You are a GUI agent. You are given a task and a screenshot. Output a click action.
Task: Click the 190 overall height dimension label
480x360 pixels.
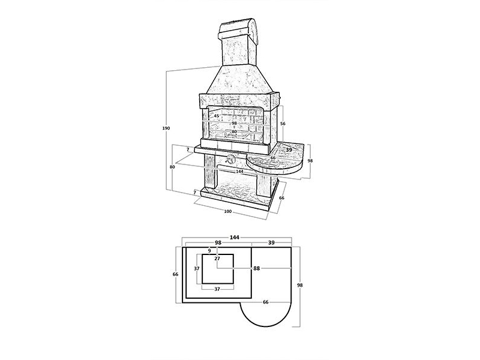tap(166, 128)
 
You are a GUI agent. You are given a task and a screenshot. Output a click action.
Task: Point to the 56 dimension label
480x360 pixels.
tap(283, 124)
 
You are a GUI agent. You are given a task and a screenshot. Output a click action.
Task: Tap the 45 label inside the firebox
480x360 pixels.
tap(217, 116)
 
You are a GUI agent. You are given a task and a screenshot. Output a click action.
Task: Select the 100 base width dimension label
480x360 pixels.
tap(228, 211)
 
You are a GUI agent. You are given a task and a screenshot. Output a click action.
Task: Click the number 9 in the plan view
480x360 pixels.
tap(209, 251)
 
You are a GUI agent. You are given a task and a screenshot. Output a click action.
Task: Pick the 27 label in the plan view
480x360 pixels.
tap(217, 259)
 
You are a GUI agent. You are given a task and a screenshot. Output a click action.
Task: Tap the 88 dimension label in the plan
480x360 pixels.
tap(257, 268)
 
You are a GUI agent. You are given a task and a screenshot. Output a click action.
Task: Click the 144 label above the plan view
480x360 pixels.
tap(235, 237)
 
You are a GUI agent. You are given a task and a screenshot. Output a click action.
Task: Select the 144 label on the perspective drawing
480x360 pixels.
tap(239, 172)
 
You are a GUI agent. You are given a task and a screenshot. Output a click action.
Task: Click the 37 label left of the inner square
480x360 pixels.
tap(197, 268)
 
